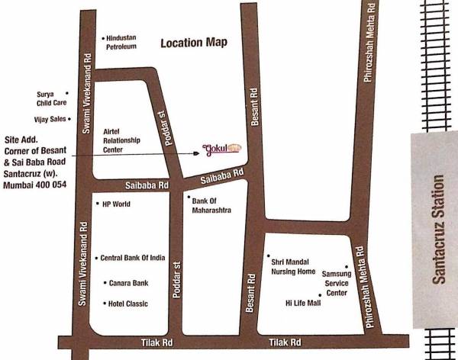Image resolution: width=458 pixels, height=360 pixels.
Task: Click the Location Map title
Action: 193,43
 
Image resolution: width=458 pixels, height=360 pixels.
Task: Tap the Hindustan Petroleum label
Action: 121,42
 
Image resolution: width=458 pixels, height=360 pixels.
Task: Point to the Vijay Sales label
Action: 47,118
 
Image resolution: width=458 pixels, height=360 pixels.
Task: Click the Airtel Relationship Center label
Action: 124,140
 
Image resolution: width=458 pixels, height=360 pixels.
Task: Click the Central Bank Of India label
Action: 133,258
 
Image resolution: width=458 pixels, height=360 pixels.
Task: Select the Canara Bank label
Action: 128,283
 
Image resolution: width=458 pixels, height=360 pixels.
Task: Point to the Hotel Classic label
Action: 127,304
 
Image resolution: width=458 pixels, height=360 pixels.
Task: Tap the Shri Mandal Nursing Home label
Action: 293,266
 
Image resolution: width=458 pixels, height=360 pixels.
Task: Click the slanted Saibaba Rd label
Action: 221,177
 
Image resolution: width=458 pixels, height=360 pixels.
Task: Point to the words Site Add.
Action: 21,140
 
